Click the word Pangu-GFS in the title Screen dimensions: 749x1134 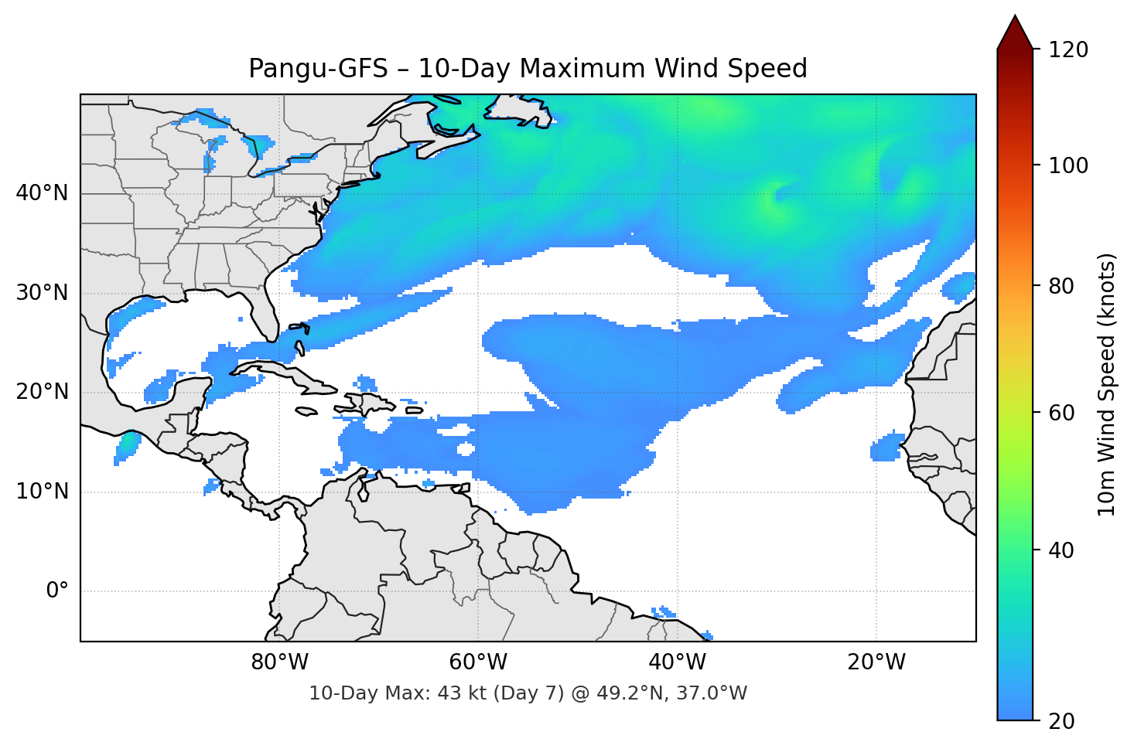tap(318, 69)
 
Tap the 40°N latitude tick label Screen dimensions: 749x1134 tap(42, 193)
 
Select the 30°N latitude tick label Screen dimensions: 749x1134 tap(42, 293)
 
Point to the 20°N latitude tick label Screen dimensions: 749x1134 tap(42, 392)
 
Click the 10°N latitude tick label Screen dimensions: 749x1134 tap(42, 492)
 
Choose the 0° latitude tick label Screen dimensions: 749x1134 tap(57, 591)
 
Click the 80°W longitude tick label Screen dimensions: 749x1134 tap(279, 662)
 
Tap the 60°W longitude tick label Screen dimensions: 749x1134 tap(478, 662)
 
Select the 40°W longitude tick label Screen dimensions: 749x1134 tap(678, 662)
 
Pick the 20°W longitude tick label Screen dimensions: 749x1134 tap(876, 662)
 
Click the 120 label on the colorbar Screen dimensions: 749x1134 tap(1068, 49)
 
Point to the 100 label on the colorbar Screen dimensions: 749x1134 tap(1068, 165)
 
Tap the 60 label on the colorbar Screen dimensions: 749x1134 tap(1061, 413)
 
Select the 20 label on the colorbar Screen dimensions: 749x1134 tap(1061, 721)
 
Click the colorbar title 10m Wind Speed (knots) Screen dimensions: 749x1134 tap(1107, 384)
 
